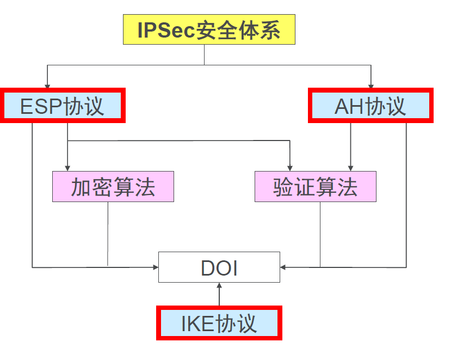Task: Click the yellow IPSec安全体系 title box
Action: pyautogui.click(x=209, y=29)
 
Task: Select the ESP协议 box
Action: pyautogui.click(x=63, y=106)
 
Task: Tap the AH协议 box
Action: pyautogui.click(x=370, y=106)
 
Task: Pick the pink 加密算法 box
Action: pyautogui.click(x=113, y=187)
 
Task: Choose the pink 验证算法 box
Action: pyautogui.click(x=316, y=187)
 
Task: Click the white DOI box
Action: pyautogui.click(x=219, y=267)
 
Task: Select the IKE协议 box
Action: pyautogui.click(x=219, y=324)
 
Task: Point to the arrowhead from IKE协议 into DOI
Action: pyautogui.click(x=219, y=286)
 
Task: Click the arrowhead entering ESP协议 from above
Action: pyautogui.click(x=47, y=86)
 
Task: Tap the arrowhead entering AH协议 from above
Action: pyautogui.click(x=371, y=86)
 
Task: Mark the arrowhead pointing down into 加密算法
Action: pyautogui.click(x=67, y=168)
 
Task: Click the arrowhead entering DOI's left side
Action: pyautogui.click(x=155, y=267)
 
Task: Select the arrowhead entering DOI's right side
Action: pyautogui.click(x=283, y=267)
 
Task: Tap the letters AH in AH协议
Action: pyautogui.click(x=349, y=106)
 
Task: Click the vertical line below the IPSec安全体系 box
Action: pyautogui.click(x=205, y=54)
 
